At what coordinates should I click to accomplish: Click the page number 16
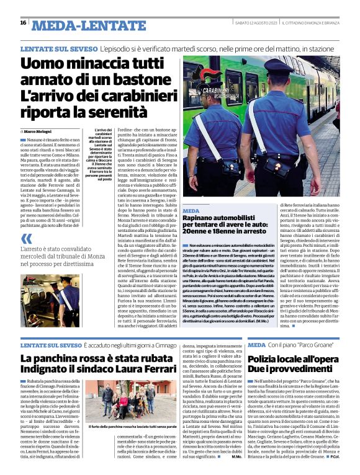(x=23, y=23)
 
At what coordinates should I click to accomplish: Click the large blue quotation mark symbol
(x=26, y=238)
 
